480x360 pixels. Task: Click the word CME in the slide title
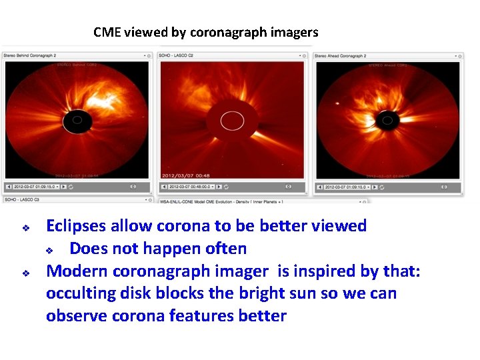point(107,32)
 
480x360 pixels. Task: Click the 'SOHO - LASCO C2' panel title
point(177,56)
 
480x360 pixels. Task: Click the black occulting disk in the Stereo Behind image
point(77,121)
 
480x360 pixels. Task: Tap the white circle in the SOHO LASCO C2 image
point(232,121)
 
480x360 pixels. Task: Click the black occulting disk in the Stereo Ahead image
point(385,121)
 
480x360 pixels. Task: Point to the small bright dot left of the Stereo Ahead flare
point(338,103)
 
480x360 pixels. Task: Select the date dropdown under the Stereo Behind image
point(37,187)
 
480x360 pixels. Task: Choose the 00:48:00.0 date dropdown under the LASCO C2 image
point(193,187)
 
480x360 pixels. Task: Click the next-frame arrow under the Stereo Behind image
point(67,187)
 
